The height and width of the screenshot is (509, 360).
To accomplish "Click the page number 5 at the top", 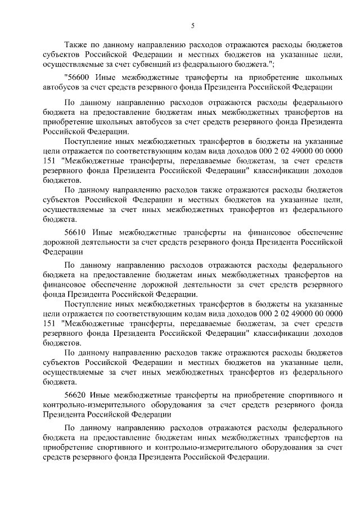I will (x=193, y=25).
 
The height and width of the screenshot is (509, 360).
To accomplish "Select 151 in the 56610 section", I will (x=49, y=325).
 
